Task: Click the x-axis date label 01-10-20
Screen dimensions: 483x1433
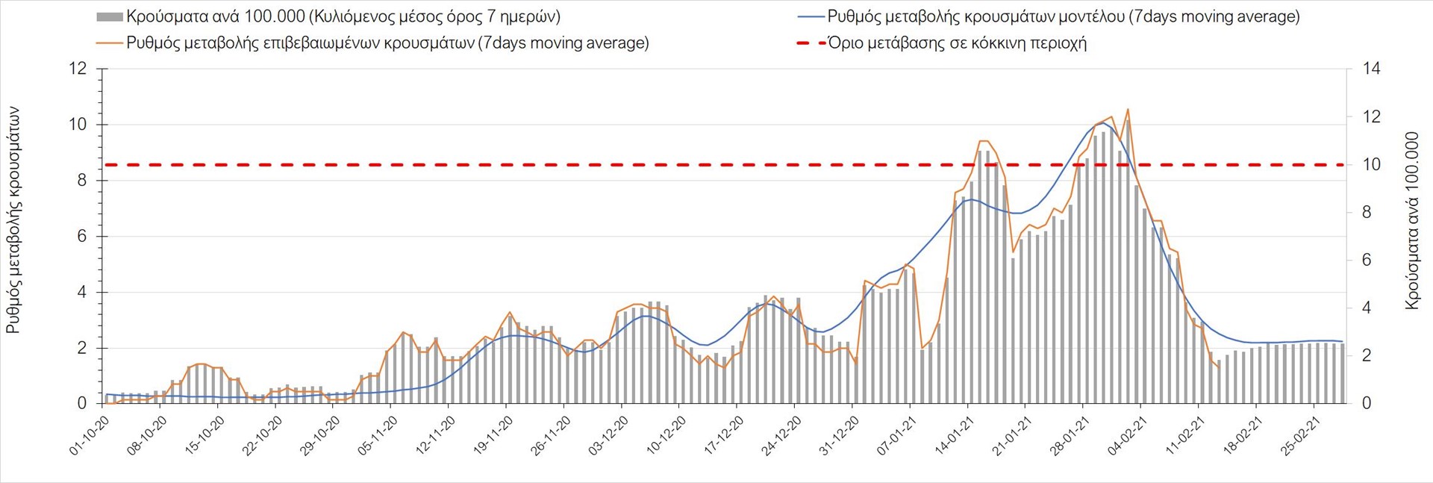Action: [90, 435]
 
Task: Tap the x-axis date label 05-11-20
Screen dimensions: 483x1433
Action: [378, 435]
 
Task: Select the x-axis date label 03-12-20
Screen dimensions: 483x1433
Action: [608, 435]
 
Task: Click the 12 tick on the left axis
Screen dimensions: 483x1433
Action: [78, 69]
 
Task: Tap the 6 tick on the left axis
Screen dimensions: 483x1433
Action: [82, 236]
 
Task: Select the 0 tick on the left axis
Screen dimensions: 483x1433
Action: [82, 403]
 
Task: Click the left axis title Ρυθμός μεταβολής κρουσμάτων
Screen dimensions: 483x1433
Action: [13, 220]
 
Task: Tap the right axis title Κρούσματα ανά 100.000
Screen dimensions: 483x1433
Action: [1411, 220]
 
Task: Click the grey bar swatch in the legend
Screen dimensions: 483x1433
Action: [110, 16]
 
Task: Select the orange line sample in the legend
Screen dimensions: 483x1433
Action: [110, 43]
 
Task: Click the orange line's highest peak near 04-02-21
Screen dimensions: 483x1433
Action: [1127, 109]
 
